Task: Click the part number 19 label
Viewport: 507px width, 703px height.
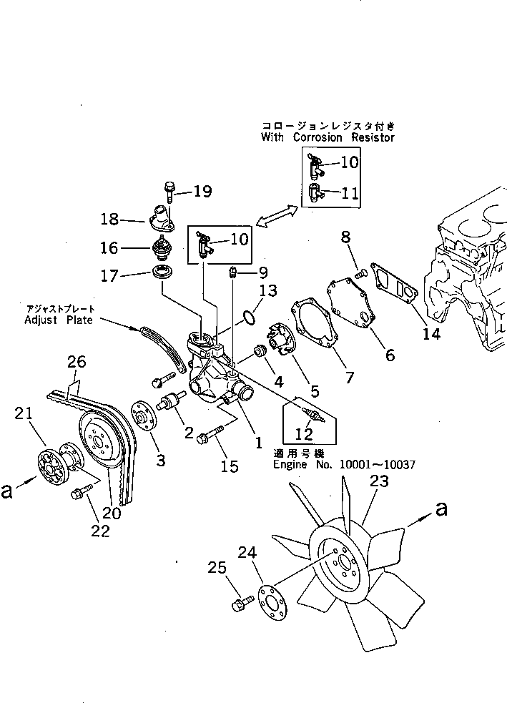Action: pyautogui.click(x=202, y=191)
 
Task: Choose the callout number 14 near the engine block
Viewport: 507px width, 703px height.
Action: pyautogui.click(x=430, y=333)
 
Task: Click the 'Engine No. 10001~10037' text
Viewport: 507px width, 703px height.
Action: pyautogui.click(x=343, y=465)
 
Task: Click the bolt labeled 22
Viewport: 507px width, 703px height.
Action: pyautogui.click(x=79, y=493)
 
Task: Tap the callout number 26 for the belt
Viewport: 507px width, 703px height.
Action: pyautogui.click(x=77, y=363)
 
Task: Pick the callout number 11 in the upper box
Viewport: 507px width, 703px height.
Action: pyautogui.click(x=350, y=192)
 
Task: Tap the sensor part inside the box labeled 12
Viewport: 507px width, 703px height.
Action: pyautogui.click(x=312, y=415)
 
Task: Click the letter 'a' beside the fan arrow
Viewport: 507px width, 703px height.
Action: pyautogui.click(x=442, y=509)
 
